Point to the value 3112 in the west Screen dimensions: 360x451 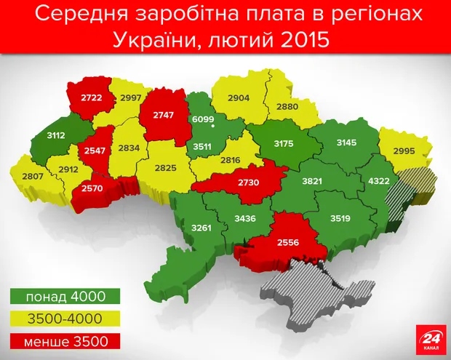point(55,134)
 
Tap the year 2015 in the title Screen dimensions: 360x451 point(294,38)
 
